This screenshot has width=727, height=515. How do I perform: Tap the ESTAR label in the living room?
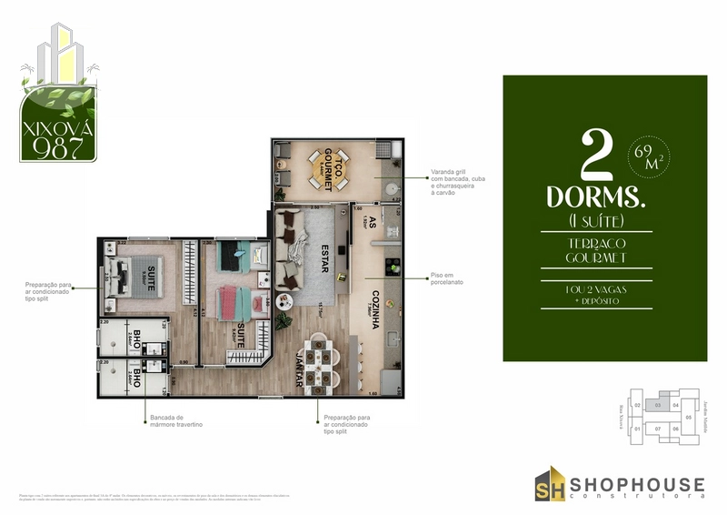pyautogui.click(x=324, y=252)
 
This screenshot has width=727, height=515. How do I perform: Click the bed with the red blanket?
pyautogui.click(x=237, y=298)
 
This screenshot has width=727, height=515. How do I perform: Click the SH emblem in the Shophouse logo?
pyautogui.click(x=549, y=483)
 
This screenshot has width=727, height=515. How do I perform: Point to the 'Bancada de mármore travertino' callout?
pyautogui.click(x=177, y=421)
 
